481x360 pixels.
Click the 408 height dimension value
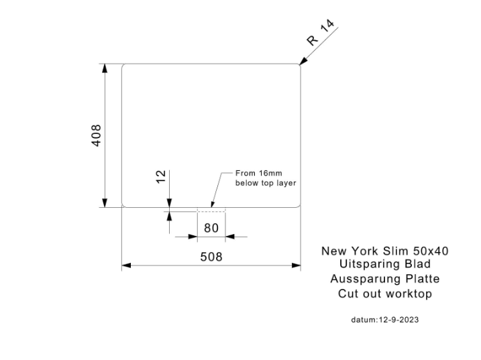(x=97, y=135)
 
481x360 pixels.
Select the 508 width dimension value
(x=211, y=257)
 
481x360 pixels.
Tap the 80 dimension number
(x=211, y=228)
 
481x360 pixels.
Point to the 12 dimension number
(x=161, y=176)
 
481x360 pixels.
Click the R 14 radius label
(x=321, y=32)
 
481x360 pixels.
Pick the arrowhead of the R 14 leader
(x=303, y=61)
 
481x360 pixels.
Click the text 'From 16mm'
(x=258, y=173)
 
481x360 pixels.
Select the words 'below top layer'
(x=266, y=183)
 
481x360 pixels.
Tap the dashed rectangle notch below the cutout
(x=211, y=210)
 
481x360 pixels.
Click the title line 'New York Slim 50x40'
(x=384, y=251)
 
